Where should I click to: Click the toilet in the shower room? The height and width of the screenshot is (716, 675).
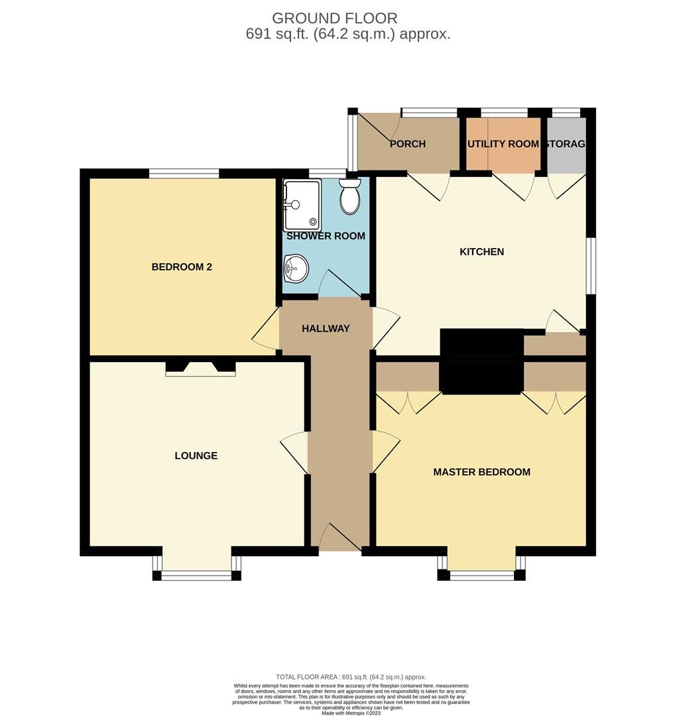tap(349, 196)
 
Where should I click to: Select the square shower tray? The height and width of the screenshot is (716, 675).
tap(302, 204)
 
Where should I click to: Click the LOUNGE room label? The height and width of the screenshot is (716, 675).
tap(196, 455)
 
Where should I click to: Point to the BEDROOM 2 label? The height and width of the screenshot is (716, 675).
tap(182, 267)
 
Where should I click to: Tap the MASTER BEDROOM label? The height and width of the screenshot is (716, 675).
tap(481, 472)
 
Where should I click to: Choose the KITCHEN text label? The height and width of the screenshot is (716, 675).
tap(482, 252)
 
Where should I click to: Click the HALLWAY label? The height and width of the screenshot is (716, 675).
tap(326, 328)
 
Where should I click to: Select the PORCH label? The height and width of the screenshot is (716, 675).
tap(407, 144)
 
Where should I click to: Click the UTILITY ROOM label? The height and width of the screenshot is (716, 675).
tap(503, 144)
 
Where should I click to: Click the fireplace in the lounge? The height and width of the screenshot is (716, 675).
tap(200, 369)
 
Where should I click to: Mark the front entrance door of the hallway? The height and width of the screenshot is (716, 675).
tap(339, 538)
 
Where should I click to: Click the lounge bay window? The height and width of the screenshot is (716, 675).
tap(197, 575)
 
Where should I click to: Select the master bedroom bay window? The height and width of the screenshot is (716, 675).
tap(481, 575)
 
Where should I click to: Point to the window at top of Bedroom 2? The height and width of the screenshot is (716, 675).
tap(184, 174)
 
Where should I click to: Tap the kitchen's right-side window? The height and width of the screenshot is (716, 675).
tap(591, 265)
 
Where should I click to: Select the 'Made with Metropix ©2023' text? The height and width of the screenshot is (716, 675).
tap(351, 713)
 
